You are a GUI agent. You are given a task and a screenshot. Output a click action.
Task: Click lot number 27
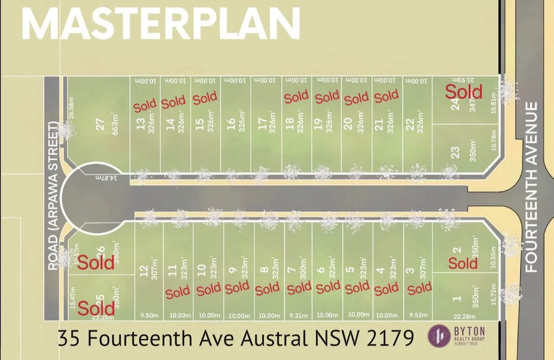coord(99,124)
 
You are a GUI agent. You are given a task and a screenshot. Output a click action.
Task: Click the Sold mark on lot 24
coord(463,91)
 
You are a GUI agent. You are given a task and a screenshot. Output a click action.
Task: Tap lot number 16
coord(232,125)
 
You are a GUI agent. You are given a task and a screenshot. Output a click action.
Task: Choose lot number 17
coord(262,125)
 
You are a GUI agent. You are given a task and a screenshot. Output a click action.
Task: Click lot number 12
coord(143,270)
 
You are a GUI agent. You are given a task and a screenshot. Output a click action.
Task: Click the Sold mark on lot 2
coord(463,263)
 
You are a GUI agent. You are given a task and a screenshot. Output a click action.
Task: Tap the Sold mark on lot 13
coord(145,105)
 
